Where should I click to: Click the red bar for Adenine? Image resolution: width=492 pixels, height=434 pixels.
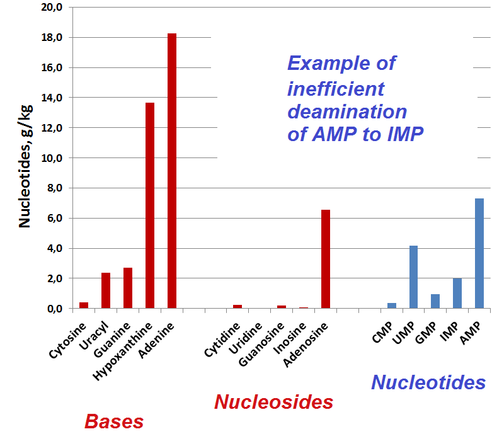tap(171, 171)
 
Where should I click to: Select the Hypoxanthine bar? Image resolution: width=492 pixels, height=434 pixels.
tap(150, 205)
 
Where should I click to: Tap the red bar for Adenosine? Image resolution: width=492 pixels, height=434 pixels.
tap(326, 259)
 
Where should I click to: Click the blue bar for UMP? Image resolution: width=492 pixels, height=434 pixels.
tap(413, 277)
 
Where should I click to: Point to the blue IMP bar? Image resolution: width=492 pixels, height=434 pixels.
tap(457, 293)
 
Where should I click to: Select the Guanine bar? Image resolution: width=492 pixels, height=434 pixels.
tap(128, 288)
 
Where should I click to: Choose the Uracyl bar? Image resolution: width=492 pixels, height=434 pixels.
tap(106, 290)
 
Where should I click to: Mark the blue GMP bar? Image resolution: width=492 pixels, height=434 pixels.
tap(435, 301)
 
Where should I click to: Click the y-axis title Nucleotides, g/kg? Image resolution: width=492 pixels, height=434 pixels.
tap(25, 164)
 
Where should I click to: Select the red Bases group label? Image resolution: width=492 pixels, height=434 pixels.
tap(114, 421)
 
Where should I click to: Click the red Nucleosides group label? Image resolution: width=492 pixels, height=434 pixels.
tap(273, 402)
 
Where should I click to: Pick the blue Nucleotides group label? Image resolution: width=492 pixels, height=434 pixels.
tap(428, 382)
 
